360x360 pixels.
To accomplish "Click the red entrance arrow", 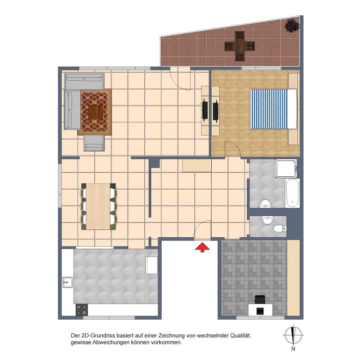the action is tap(202, 248).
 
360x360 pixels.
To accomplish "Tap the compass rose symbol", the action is tap(293, 335).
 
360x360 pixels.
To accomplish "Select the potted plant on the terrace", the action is tap(292, 25).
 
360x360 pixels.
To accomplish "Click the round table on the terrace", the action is tap(240, 46).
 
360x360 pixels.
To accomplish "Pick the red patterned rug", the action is tap(95, 112).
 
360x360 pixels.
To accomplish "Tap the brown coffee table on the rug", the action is tap(95, 112).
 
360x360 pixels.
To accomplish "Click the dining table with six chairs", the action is tap(99, 206).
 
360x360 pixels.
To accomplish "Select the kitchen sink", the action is tap(68, 282).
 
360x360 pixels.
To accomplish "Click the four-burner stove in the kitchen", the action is tap(82, 310).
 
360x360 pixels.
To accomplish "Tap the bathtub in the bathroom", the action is tap(292, 193).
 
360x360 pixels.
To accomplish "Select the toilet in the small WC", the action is tap(280, 229).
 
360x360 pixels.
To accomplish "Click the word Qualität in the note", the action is tap(240, 336).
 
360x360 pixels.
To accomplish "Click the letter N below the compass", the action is tap(293, 349).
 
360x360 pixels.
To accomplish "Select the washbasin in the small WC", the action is tap(267, 220).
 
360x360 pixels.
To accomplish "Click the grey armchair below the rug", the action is tap(94, 143).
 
